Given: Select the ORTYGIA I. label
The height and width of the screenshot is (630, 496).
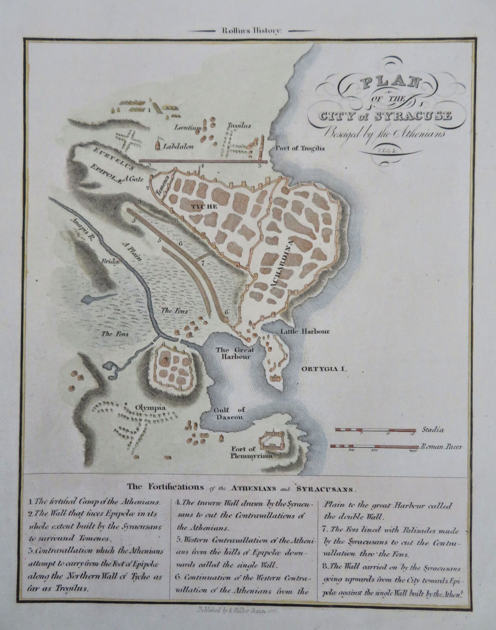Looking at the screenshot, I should pyautogui.click(x=323, y=369).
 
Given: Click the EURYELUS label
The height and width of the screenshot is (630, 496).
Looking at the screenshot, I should pyautogui.click(x=105, y=159).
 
